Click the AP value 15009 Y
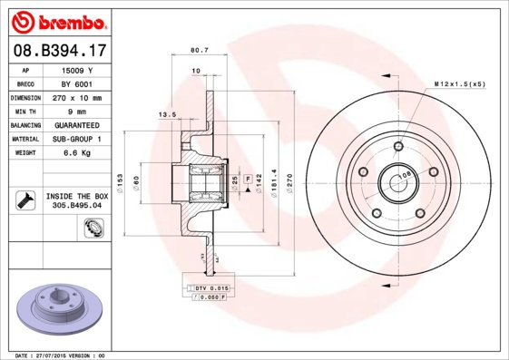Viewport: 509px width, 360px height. pos(77,69)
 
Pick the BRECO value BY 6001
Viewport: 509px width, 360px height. pos(77,83)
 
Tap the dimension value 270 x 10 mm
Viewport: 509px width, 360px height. pos(77,97)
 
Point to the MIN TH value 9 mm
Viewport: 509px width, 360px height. pos(77,111)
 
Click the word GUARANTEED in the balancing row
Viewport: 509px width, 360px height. pos(77,125)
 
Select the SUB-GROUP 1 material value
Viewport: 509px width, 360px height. pos(77,139)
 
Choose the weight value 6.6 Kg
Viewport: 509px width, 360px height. pos(77,153)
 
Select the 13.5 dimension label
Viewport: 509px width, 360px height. pos(167,115)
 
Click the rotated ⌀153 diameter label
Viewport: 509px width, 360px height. pos(121,179)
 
